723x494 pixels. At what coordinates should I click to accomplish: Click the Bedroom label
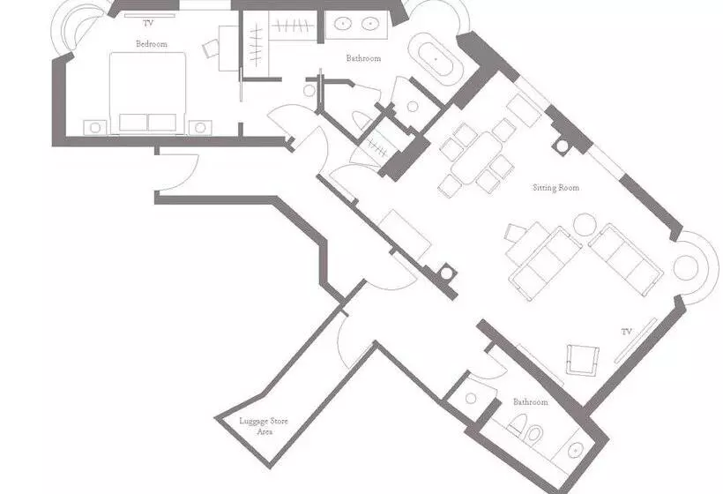tap(152, 44)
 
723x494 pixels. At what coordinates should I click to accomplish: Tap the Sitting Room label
tap(555, 188)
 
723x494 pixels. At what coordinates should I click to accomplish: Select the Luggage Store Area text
tap(264, 426)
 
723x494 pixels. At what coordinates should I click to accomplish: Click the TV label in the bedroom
tap(148, 23)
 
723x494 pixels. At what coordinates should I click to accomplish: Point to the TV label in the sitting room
tap(626, 332)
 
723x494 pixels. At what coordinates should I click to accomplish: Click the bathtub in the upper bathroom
tap(436, 59)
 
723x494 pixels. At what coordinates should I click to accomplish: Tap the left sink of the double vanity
tap(343, 23)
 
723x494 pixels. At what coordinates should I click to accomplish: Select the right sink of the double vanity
tap(370, 23)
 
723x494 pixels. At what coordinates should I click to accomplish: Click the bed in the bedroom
tap(147, 94)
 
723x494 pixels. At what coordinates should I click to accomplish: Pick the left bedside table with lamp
tap(95, 128)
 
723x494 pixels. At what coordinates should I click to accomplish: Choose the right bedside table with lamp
tap(200, 128)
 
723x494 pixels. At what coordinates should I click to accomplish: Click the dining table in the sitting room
tap(477, 158)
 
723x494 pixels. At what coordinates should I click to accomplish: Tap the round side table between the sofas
tap(585, 225)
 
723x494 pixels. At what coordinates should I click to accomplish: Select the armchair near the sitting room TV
tap(582, 360)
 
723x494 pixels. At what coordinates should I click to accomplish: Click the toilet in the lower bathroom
tap(526, 429)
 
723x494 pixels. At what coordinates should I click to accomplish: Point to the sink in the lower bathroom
tap(576, 449)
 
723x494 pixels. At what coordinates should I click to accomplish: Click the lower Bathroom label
tap(531, 402)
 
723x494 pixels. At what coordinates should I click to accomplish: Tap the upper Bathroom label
tap(364, 58)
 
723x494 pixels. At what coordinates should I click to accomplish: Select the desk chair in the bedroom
tap(211, 49)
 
